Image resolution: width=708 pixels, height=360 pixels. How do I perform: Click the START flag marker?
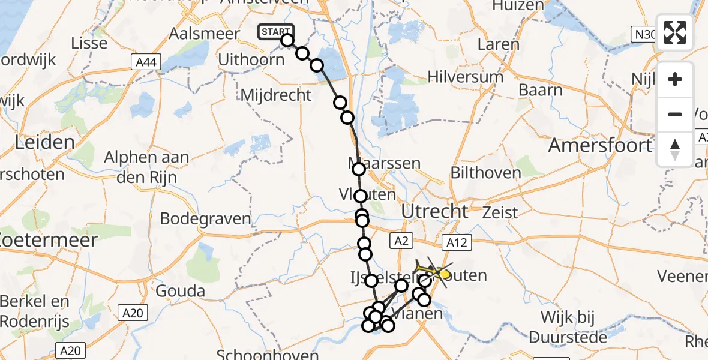pos(276,31)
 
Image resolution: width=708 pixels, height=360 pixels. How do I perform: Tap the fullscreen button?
pos(675,32)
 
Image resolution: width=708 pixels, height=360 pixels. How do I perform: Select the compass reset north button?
pos(675,149)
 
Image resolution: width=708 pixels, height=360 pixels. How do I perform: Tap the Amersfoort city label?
pos(600,146)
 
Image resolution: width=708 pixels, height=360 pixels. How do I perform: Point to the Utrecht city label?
pos(434,211)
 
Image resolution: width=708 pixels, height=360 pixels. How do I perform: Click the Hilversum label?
pos(465,77)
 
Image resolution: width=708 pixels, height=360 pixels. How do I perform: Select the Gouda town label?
pos(180,292)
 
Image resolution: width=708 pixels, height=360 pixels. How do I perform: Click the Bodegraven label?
pos(205,218)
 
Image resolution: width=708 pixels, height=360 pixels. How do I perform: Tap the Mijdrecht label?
pos(276,95)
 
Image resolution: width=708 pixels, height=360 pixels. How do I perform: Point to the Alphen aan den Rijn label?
pos(146,167)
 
